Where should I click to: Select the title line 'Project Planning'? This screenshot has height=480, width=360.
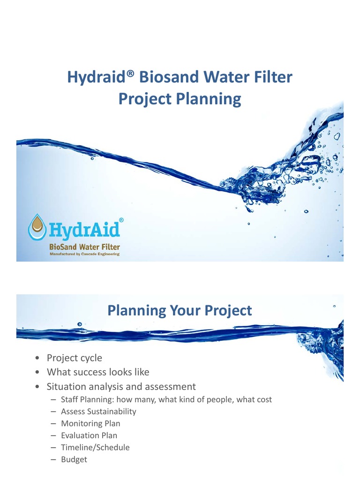(x=180, y=99)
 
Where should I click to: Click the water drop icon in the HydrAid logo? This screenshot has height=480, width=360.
(x=37, y=228)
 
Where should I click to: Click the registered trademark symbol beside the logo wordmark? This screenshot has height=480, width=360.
(x=121, y=219)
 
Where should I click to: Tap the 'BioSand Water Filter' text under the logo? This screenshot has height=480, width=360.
(x=84, y=247)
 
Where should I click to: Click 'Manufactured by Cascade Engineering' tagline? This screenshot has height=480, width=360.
(x=84, y=254)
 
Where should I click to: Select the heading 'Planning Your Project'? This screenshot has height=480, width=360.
(x=180, y=310)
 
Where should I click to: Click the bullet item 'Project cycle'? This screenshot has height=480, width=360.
(x=74, y=358)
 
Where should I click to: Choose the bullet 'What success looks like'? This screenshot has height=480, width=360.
(x=98, y=372)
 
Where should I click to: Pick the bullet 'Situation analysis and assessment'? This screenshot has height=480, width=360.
(x=121, y=387)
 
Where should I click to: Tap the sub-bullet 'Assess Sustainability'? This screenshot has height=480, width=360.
(x=98, y=412)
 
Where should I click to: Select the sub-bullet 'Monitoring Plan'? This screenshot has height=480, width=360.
(x=90, y=423)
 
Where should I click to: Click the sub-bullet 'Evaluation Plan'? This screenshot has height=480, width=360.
(x=89, y=435)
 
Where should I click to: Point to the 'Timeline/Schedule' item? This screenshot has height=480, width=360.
(x=95, y=448)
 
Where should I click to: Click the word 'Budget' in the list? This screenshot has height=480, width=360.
(x=74, y=459)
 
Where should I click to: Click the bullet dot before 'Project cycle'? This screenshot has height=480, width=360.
(x=37, y=359)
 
